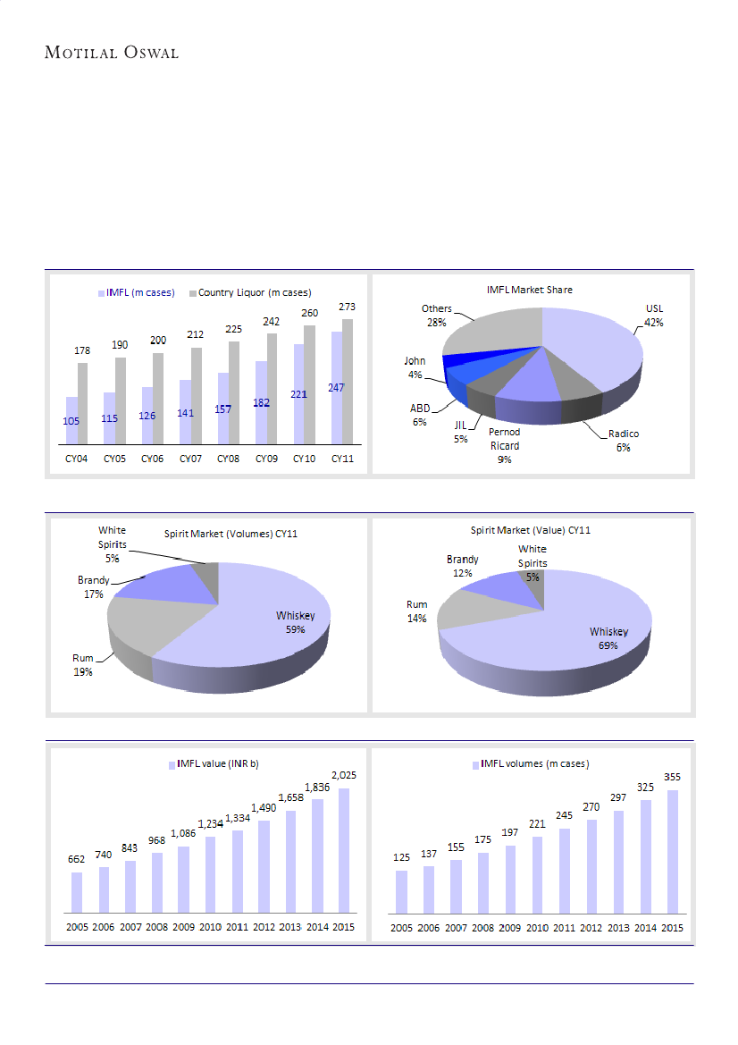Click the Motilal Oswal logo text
point(112,53)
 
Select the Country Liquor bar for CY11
point(347,381)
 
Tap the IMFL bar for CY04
point(71,420)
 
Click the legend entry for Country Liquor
point(254,292)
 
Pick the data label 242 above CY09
point(267,321)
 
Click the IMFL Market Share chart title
point(530,290)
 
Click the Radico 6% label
point(623,440)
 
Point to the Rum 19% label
point(82,664)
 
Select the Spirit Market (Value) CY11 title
point(531,530)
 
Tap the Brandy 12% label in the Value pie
point(463,565)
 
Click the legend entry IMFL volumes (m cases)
point(534,763)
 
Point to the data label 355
point(672,777)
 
